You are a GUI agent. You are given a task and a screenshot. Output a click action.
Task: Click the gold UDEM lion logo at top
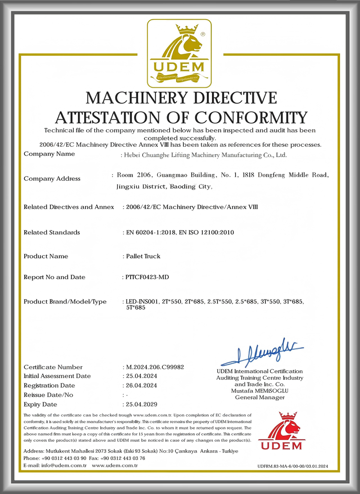(x=180, y=53)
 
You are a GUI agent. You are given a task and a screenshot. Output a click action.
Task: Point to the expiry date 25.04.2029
(x=141, y=404)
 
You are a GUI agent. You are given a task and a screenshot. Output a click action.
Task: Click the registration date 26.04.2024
(x=141, y=385)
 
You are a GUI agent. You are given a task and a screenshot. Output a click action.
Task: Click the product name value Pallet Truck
(x=143, y=256)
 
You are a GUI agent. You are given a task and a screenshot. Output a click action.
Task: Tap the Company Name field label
(x=49, y=154)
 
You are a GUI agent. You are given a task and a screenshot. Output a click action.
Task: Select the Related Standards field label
(x=52, y=232)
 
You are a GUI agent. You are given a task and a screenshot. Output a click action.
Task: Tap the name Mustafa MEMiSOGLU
(x=260, y=391)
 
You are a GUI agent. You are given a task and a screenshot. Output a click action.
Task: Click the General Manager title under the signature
(x=260, y=397)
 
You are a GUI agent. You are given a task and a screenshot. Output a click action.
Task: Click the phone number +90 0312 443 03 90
(x=63, y=458)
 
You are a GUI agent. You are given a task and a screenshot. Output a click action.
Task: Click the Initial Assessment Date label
(x=57, y=376)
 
